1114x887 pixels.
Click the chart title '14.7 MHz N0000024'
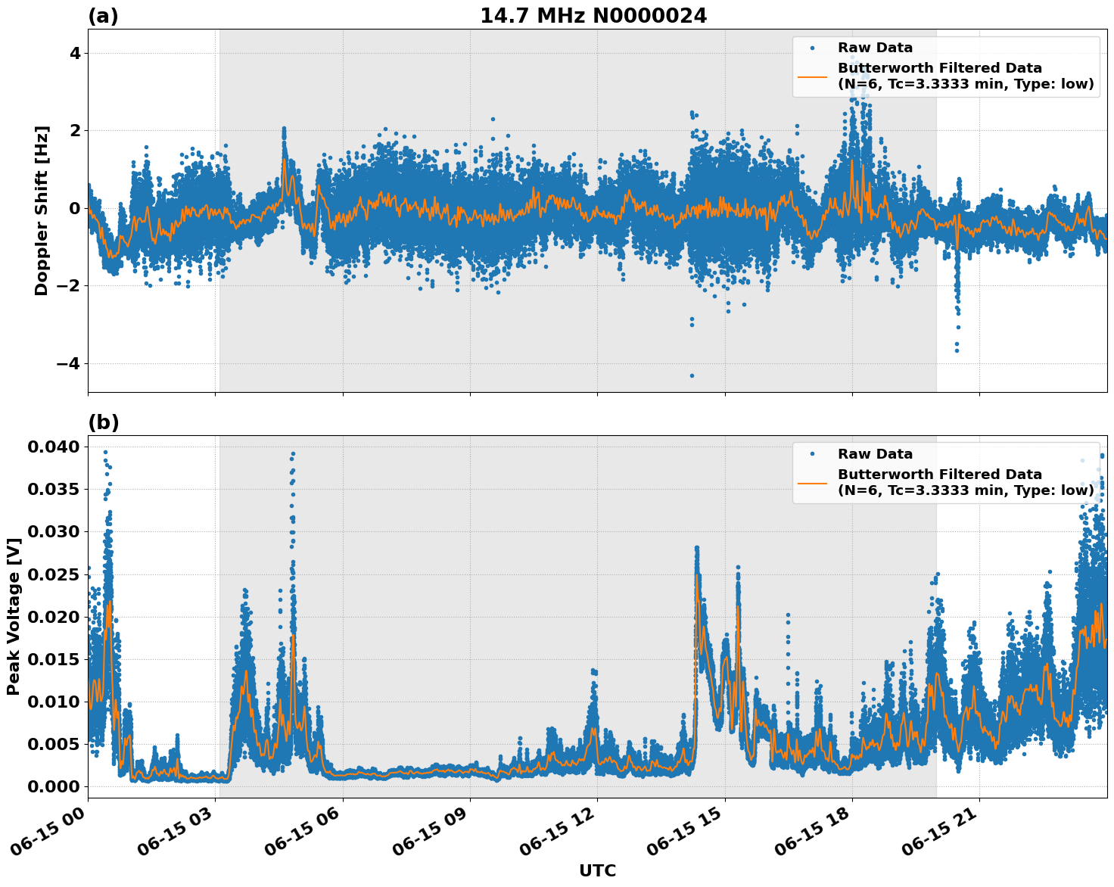pyautogui.click(x=593, y=16)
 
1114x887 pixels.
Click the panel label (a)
pyautogui.click(x=103, y=16)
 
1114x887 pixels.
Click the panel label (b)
pyautogui.click(x=103, y=422)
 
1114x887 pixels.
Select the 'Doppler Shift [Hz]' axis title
pyautogui.click(x=42, y=210)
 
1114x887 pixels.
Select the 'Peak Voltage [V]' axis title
pyautogui.click(x=13, y=617)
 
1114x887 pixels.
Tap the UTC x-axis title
pyautogui.click(x=597, y=870)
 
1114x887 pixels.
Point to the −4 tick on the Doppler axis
pyautogui.click(x=69, y=363)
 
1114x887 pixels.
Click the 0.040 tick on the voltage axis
pyautogui.click(x=53, y=447)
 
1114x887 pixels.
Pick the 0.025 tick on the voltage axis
pyautogui.click(x=53, y=574)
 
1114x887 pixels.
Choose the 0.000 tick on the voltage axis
pyautogui.click(x=53, y=787)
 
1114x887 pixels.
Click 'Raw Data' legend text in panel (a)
pyautogui.click(x=875, y=48)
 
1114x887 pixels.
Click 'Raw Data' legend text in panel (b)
pyautogui.click(x=875, y=454)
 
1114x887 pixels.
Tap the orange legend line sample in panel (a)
pyautogui.click(x=812, y=76)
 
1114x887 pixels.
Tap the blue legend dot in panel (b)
pyautogui.click(x=812, y=454)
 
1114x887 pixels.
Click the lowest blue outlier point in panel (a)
pyautogui.click(x=692, y=375)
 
